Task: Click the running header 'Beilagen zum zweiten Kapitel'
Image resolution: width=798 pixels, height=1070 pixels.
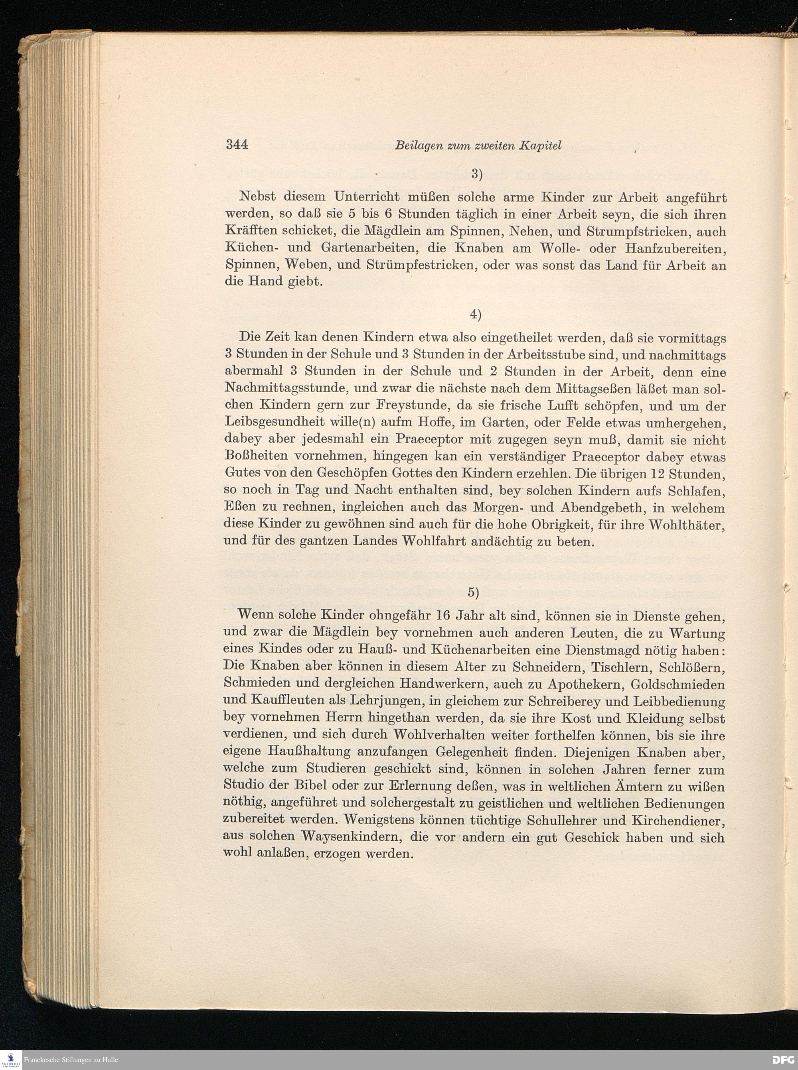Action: pos(478,145)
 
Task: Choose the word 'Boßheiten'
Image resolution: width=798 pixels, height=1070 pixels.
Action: pos(257,456)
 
